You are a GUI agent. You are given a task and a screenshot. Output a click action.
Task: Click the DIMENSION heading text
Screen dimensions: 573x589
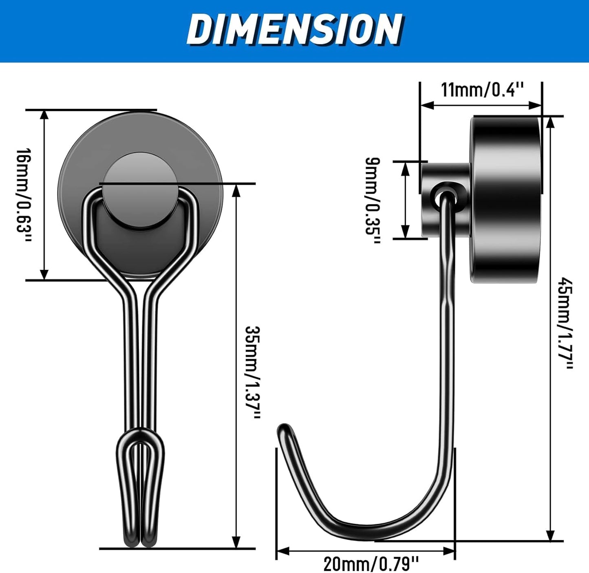(294, 29)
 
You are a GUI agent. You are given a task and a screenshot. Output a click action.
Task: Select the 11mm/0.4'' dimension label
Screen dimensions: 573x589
(482, 90)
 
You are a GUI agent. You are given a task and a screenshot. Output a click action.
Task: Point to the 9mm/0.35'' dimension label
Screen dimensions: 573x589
(372, 201)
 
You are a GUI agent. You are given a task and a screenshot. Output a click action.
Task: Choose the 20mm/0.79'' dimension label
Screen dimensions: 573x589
(371, 564)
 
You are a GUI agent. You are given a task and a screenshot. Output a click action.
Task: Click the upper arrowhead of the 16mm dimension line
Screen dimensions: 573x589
(44, 115)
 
